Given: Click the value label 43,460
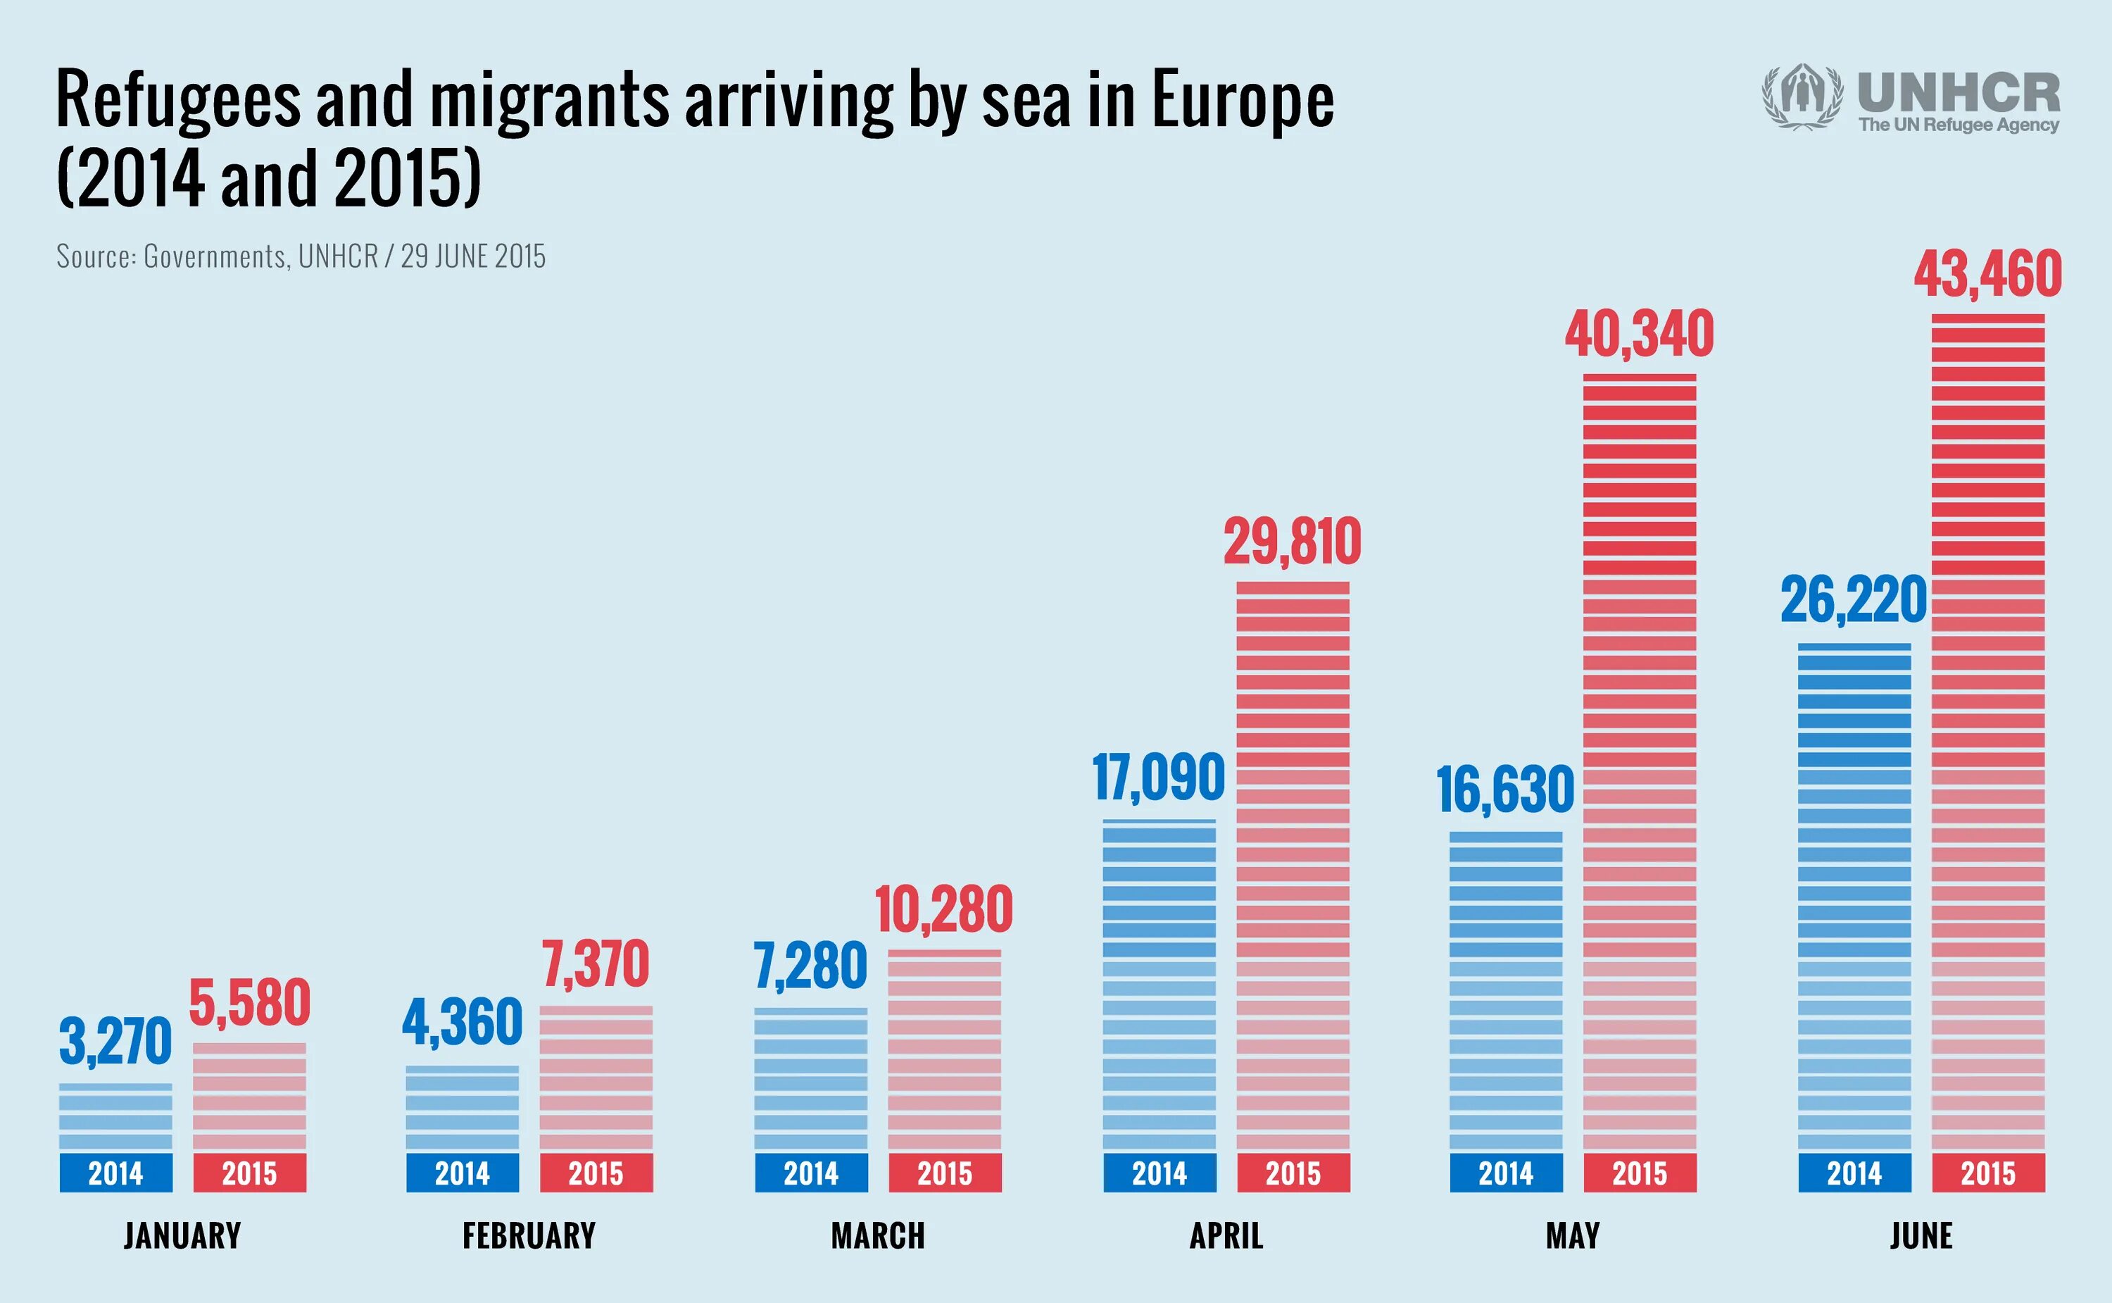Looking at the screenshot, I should click(1987, 274).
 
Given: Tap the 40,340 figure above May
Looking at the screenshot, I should click(1639, 335).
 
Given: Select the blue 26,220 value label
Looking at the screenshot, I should click(1853, 601).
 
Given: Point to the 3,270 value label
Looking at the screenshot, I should click(115, 1041).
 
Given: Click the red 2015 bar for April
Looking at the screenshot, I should click(1292, 866).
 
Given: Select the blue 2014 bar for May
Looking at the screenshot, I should click(1506, 991).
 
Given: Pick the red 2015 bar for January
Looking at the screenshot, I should click(249, 1096).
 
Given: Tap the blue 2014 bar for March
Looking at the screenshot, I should click(810, 1079).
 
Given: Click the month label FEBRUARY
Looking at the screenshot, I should click(529, 1236).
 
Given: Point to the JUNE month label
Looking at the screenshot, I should click(1921, 1236).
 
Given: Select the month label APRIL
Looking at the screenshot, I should click(1226, 1236).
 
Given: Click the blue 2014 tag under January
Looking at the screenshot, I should click(115, 1173).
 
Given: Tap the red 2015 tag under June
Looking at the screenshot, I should click(1988, 1173).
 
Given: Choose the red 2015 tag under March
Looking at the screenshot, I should click(944, 1173).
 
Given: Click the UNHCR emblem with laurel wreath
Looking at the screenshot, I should click(1803, 97).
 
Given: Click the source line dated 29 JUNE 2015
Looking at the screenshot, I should click(301, 256).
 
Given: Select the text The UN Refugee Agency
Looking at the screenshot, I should click(1958, 125).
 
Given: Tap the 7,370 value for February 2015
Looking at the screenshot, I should click(595, 965).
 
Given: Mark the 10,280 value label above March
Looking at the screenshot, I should click(943, 910).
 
